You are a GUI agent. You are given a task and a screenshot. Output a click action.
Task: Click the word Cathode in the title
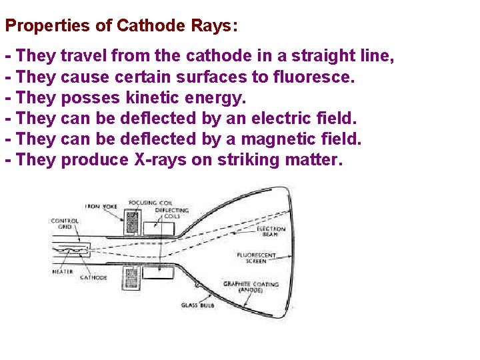click(148, 26)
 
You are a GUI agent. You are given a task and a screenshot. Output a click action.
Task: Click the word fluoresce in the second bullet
click(313, 77)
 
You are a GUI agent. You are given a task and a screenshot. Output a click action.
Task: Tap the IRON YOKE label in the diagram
click(101, 207)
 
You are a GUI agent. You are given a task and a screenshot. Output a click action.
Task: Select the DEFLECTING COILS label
click(171, 213)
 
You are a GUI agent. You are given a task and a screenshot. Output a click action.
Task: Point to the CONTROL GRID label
click(65, 224)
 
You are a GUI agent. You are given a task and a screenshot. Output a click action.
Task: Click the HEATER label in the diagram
click(63, 271)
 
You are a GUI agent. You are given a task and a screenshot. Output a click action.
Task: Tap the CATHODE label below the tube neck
click(93, 277)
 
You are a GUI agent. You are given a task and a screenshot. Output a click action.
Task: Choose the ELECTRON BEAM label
click(271, 231)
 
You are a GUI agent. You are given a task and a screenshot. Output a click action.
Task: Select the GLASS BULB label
click(193, 305)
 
